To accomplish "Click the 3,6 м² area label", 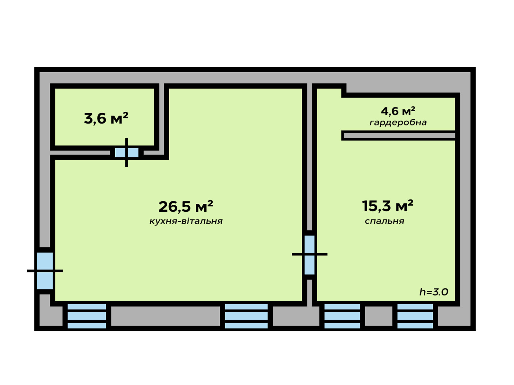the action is coord(106,118).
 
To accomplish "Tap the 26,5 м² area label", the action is coord(186,206).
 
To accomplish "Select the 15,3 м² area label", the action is coord(387,206).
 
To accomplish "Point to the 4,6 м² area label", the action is coord(398,111).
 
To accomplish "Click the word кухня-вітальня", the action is coord(186,221).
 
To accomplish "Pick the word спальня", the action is coord(385,221).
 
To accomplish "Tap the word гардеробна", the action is coord(398,123).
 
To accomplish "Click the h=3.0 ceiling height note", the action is coord(434,292).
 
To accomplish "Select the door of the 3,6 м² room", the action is coord(127,153).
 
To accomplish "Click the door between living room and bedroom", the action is coord(310,255).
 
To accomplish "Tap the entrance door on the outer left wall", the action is coord(45,271).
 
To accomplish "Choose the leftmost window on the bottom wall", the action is coord(87,316).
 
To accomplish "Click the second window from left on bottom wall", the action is coord(246,316).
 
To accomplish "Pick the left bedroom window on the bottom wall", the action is coord(342,316).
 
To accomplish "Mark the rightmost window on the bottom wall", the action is coord(415,316).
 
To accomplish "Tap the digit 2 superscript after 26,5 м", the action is coord(210,203).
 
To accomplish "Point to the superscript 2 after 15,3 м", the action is coord(410,202).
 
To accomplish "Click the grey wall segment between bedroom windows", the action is coord(379,316).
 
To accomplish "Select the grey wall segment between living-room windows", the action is coord(165,316).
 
